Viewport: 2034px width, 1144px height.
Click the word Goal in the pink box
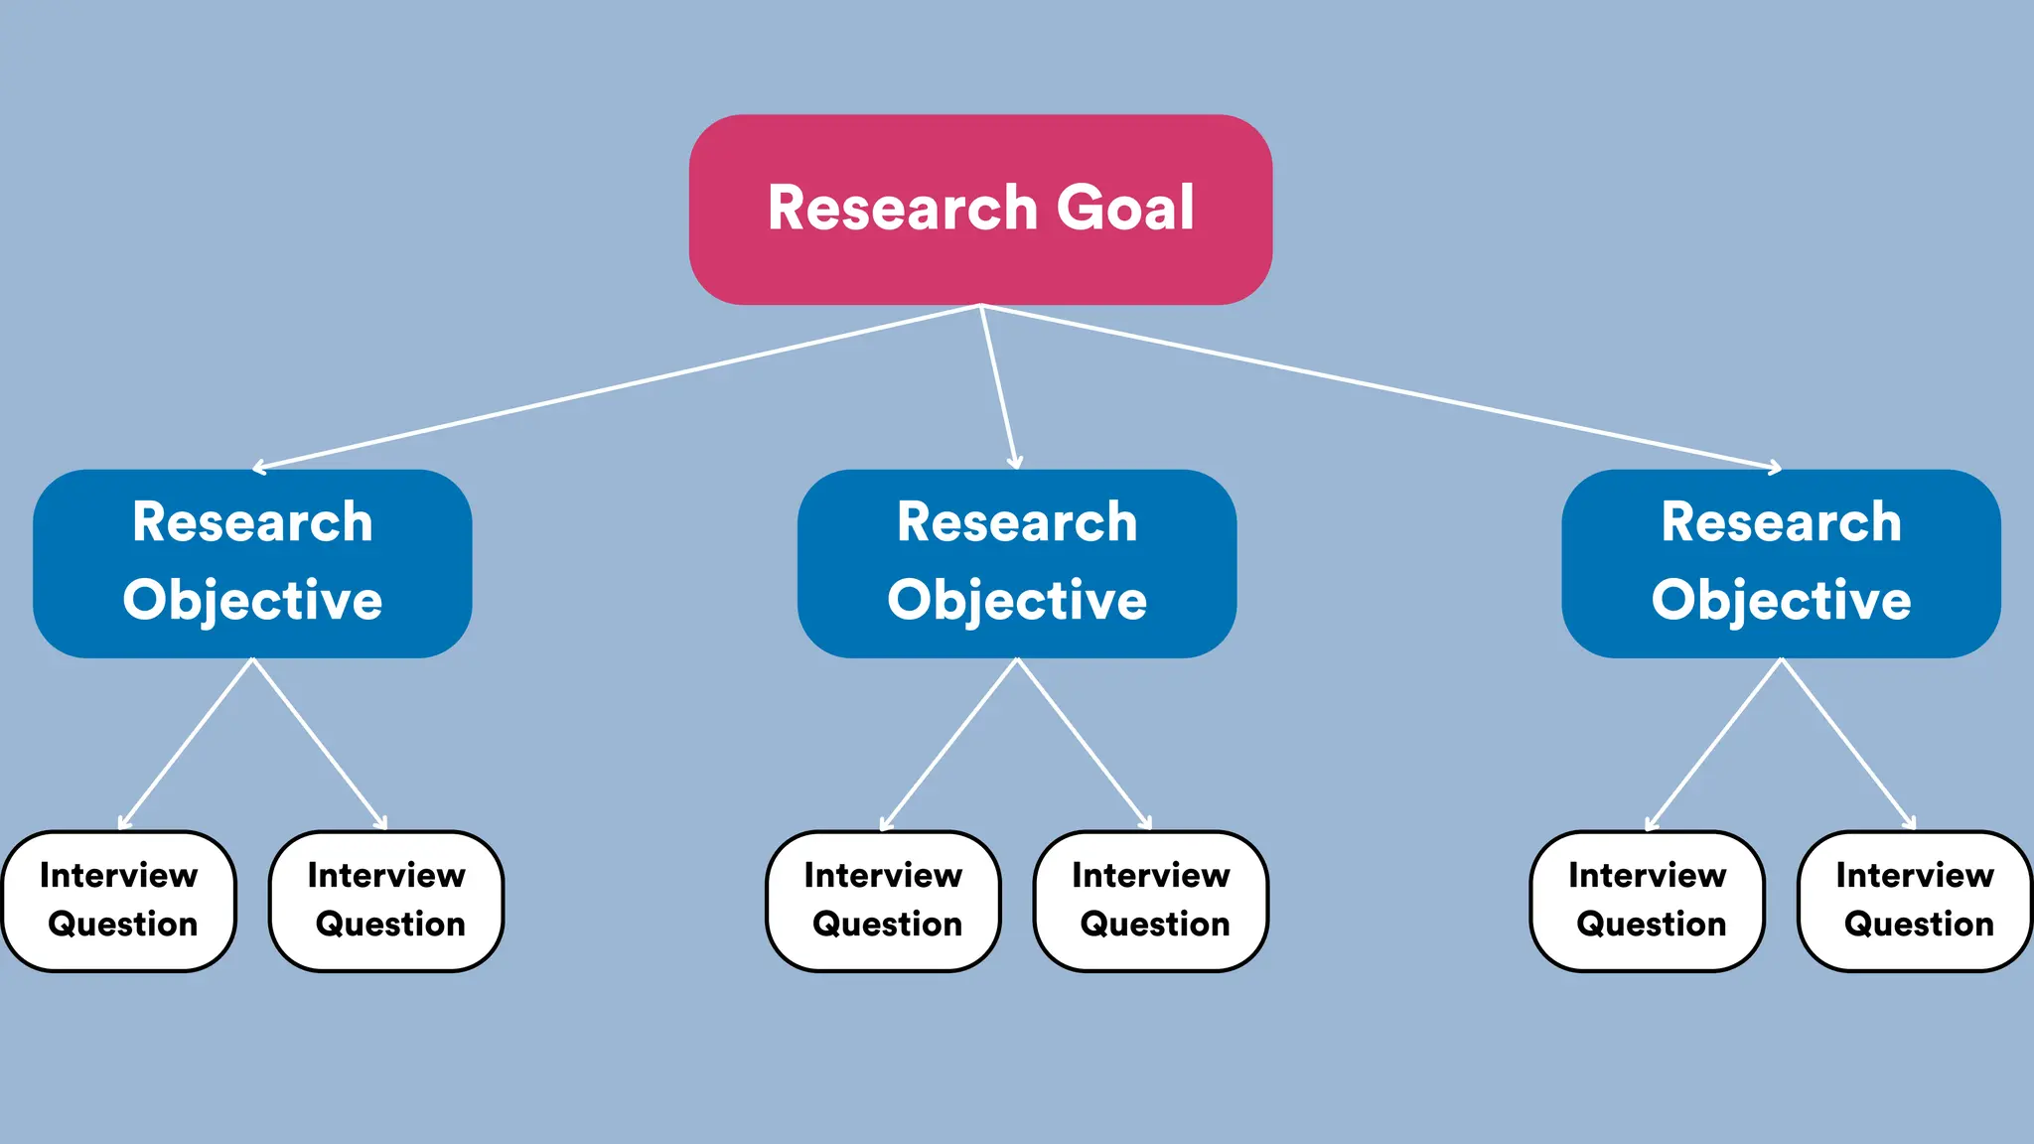(x=1124, y=209)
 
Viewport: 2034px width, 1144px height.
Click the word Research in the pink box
(x=902, y=209)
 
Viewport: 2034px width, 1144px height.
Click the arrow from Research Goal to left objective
(x=616, y=387)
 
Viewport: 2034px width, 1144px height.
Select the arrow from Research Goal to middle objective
(x=998, y=387)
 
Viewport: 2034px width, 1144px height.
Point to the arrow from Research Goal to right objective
(x=1380, y=387)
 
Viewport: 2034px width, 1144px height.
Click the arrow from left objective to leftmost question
(x=186, y=743)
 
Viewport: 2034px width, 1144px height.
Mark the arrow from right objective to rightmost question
(x=1848, y=743)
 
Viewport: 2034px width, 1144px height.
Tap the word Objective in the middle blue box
(x=1017, y=601)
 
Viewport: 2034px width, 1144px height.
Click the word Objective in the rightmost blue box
(x=1781, y=601)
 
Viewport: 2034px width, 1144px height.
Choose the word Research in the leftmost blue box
(x=252, y=522)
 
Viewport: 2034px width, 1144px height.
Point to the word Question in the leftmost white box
(x=123, y=924)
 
